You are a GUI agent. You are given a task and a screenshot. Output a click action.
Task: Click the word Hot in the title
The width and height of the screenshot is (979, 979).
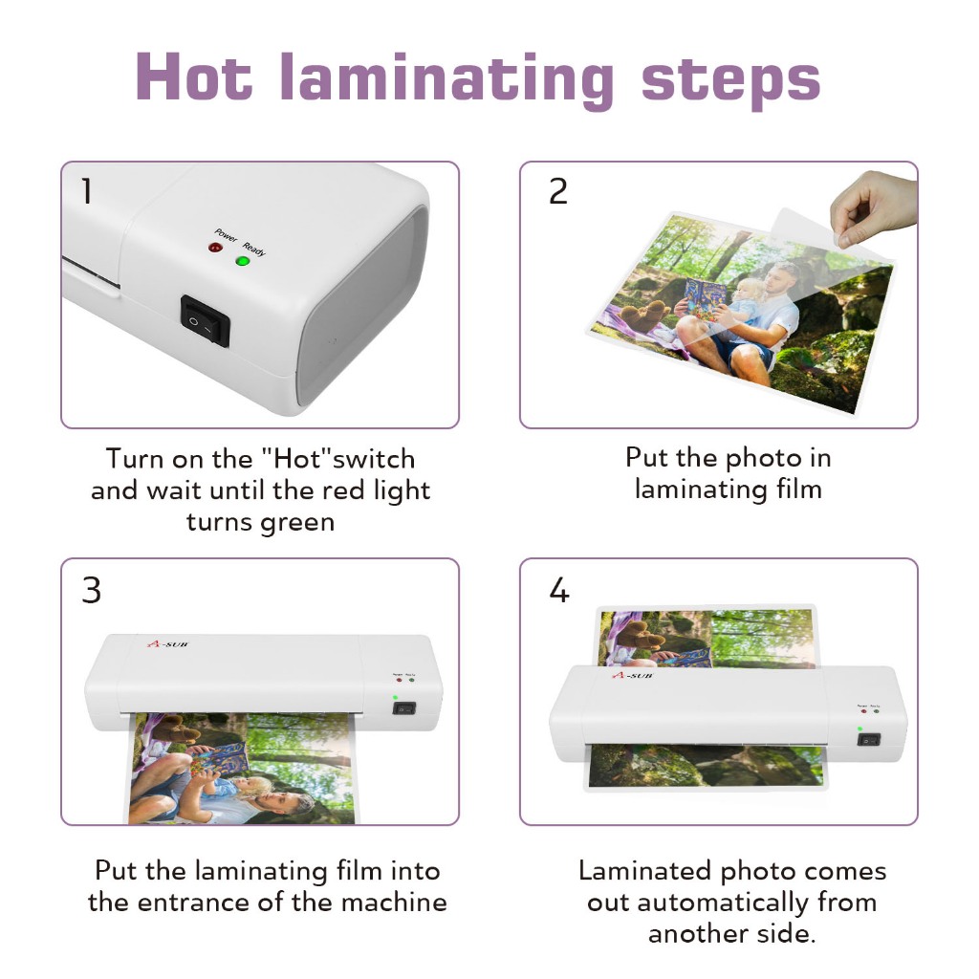click(194, 76)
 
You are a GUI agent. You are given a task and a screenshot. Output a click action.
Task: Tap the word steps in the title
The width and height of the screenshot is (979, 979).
click(731, 82)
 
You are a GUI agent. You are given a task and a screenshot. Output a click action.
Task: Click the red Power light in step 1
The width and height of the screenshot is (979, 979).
click(215, 248)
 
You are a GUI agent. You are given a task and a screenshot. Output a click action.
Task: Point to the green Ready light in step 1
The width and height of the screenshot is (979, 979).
click(242, 260)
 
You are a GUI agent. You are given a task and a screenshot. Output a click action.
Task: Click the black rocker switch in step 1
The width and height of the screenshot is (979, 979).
click(206, 320)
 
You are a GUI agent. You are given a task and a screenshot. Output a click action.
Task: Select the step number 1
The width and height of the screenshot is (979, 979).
click(87, 190)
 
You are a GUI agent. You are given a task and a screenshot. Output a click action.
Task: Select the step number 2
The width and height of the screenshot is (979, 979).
click(558, 191)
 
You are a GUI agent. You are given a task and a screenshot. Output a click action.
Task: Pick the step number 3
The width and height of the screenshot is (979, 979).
click(91, 590)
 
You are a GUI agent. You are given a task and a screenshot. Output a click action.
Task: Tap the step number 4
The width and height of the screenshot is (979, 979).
click(558, 590)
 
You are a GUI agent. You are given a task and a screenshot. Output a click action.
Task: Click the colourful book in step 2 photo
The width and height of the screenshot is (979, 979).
click(705, 298)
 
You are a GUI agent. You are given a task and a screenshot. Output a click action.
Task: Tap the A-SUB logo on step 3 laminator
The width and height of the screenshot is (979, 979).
click(167, 643)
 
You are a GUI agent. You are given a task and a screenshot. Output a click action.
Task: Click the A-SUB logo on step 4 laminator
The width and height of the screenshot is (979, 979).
click(633, 675)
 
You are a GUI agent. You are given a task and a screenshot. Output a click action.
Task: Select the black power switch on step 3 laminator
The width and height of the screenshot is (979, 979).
click(404, 708)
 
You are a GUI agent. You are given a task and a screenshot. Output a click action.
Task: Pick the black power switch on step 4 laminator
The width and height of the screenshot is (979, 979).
click(868, 740)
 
